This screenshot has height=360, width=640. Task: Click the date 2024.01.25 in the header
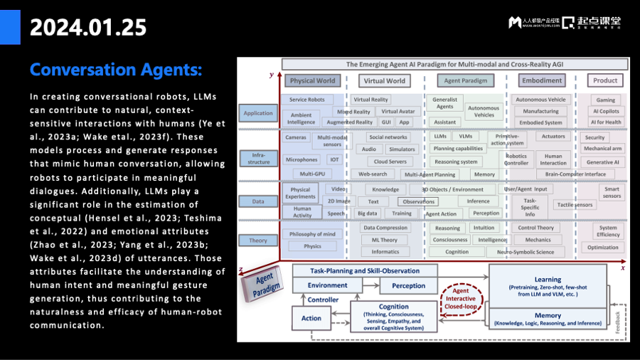[88, 27]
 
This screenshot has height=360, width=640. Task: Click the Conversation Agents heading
[116, 70]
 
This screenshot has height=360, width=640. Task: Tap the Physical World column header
[313, 80]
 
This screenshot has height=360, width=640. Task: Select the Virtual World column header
[384, 80]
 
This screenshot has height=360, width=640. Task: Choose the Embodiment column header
[541, 80]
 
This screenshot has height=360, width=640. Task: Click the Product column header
[605, 80]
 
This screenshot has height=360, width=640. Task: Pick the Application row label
[258, 113]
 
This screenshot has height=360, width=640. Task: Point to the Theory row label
[258, 240]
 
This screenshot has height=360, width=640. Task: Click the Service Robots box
[307, 100]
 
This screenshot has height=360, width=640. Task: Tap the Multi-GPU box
[311, 174]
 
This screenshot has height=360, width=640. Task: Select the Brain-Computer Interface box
[576, 174]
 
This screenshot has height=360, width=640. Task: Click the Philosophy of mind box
[312, 234]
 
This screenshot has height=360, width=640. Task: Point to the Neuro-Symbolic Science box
[526, 252]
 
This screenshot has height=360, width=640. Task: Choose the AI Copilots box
[606, 111]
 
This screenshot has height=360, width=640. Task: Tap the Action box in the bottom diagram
[311, 318]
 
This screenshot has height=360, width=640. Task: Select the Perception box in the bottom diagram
[409, 286]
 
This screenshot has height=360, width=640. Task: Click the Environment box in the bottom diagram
[327, 285]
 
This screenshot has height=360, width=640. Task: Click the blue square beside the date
[10, 27]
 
